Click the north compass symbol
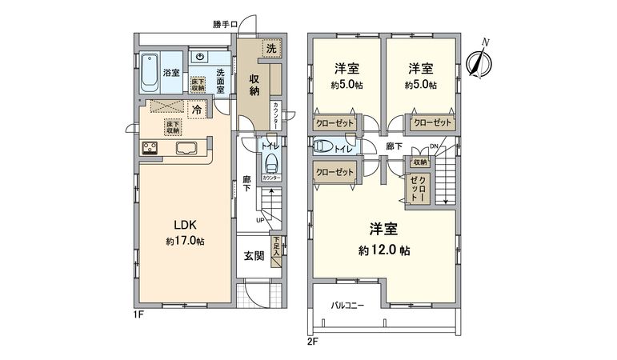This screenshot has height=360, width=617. tap(479, 61)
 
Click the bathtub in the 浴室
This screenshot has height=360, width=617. tap(150, 73)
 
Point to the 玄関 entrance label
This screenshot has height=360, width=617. tap(254, 257)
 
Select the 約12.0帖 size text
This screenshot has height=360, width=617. tap(384, 250)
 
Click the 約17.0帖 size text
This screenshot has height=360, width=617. tap(185, 241)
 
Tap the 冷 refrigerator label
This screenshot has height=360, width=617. tap(196, 110)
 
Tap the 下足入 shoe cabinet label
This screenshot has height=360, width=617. tap(275, 245)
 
